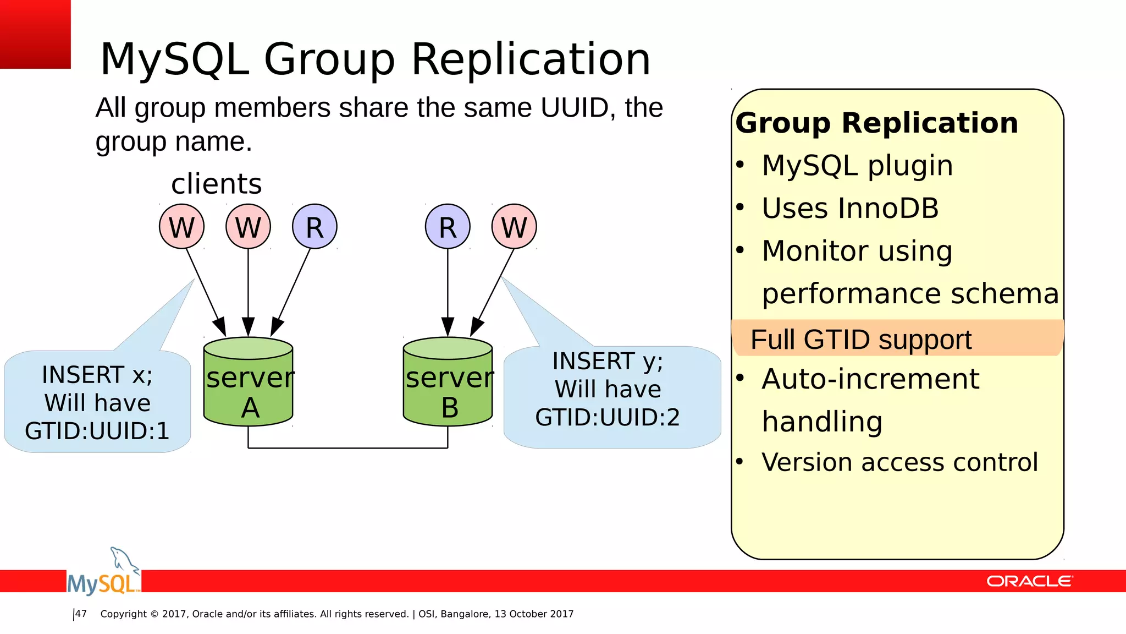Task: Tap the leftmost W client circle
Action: pos(181,227)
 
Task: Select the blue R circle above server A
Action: pos(314,227)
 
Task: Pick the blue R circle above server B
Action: pos(448,227)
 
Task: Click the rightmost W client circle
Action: pos(514,227)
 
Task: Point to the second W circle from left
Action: pos(248,227)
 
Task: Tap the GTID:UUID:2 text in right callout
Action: pos(608,417)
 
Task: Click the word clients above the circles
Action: pos(216,184)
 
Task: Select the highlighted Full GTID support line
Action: pos(861,339)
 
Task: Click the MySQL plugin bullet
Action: pos(857,165)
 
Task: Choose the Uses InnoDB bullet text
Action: pos(850,208)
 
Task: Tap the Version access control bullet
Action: pos(899,462)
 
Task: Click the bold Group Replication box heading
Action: pos(876,123)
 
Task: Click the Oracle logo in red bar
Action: pos(1029,581)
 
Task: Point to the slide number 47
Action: pos(81,614)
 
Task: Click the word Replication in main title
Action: pos(531,59)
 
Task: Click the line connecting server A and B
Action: pos(347,448)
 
